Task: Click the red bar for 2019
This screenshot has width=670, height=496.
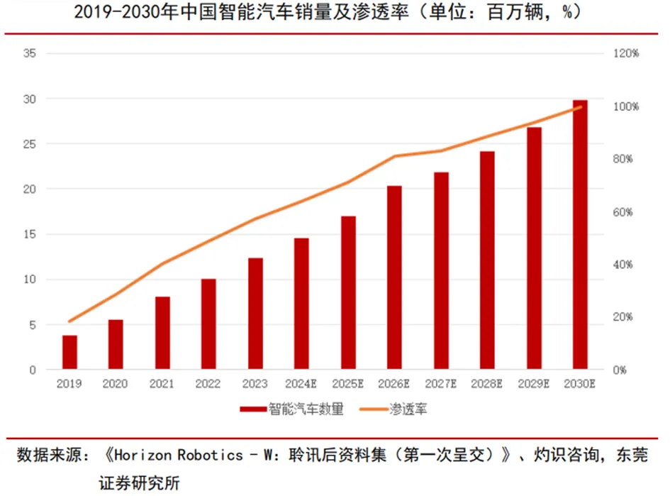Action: coord(69,352)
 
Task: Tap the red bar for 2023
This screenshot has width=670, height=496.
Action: coord(255,314)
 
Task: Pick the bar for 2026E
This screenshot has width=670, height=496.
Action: coord(395,277)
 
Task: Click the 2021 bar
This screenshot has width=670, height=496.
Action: coord(162,333)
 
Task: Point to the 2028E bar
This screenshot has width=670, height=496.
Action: coord(488,260)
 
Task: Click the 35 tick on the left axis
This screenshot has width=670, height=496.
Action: coord(30,53)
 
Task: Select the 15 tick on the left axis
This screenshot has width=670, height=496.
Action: coord(30,234)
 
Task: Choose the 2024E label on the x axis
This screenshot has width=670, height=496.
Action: coord(302,384)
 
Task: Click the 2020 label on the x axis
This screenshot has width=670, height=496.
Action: coord(116,384)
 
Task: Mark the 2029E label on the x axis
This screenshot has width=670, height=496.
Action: coord(534,384)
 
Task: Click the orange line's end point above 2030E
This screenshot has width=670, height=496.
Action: coord(581,107)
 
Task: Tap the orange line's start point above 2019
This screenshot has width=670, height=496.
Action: coord(69,321)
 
